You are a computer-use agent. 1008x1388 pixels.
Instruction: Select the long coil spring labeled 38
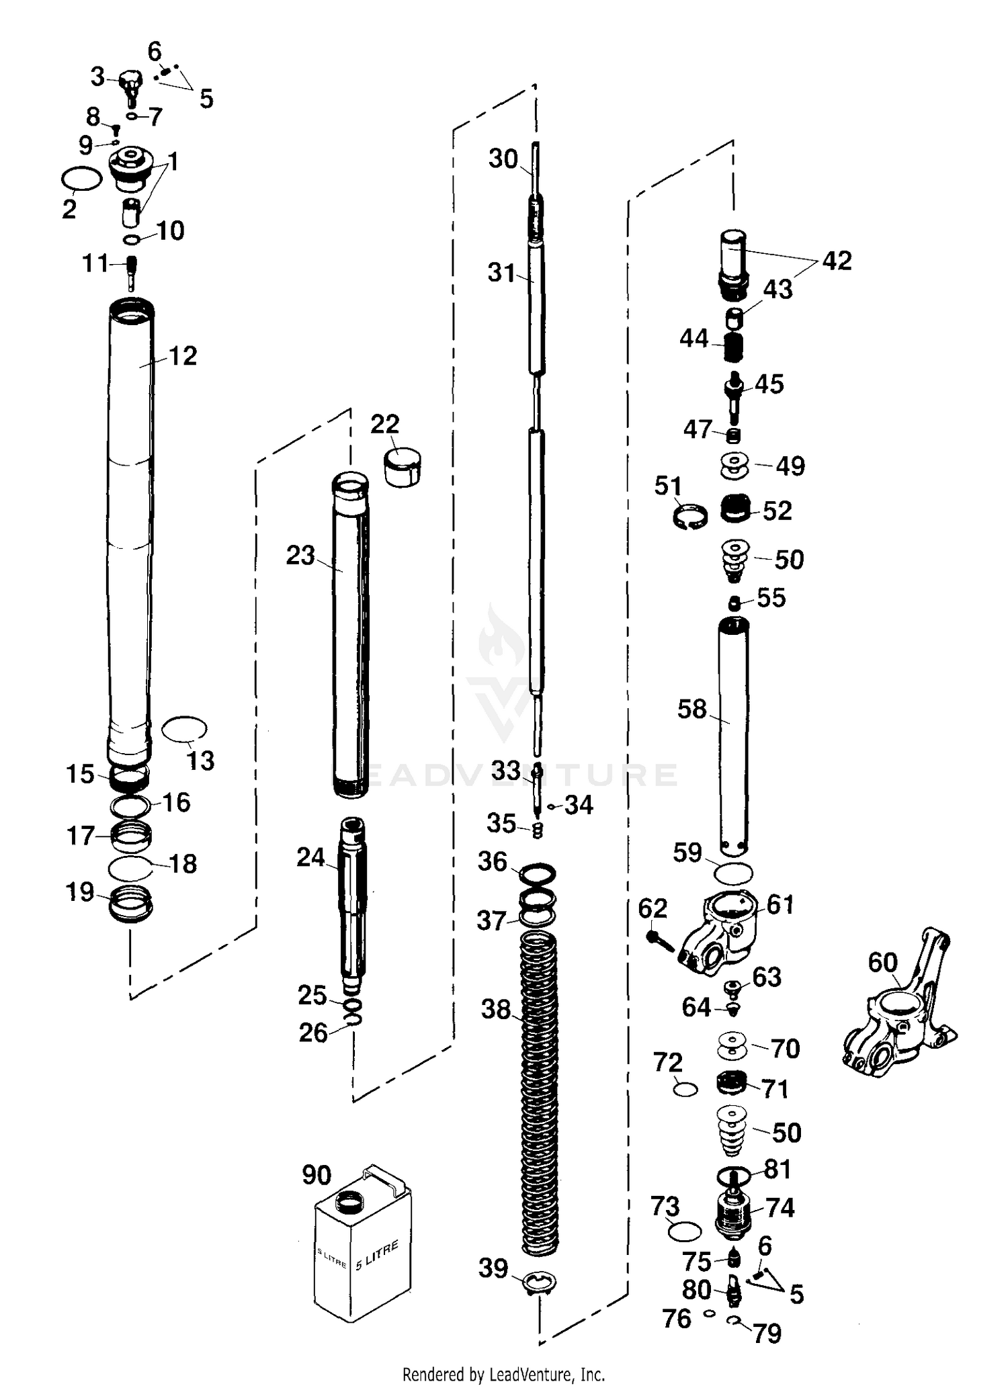click(x=540, y=1088)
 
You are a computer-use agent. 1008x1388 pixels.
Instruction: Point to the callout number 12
click(x=183, y=355)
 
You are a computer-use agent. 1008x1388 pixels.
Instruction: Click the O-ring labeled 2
click(x=81, y=179)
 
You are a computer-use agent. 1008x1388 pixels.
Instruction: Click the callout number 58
click(x=692, y=709)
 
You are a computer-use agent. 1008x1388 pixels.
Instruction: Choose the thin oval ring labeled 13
click(x=185, y=728)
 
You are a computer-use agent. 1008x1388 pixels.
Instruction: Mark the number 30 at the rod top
click(x=503, y=159)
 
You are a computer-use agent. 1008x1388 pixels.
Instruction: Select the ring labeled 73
click(x=685, y=1231)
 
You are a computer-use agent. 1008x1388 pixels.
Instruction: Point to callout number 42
click(x=836, y=261)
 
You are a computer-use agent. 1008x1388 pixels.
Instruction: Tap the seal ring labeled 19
click(x=131, y=903)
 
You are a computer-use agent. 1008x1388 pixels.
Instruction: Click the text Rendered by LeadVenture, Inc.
click(x=503, y=1374)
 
